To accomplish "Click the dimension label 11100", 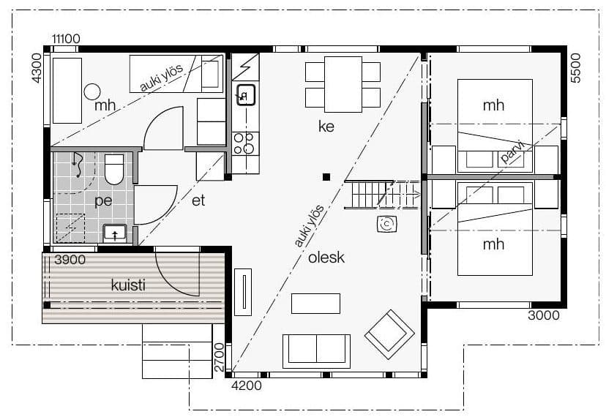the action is tap(66, 39).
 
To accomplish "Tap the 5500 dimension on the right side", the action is tap(575, 68).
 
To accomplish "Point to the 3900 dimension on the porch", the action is tap(70, 260).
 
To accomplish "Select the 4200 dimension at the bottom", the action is tap(246, 386).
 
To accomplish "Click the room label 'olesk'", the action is tap(326, 258).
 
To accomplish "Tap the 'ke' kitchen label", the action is tap(326, 126).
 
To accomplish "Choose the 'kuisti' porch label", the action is tap(128, 285).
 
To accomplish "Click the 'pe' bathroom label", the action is tap(103, 200).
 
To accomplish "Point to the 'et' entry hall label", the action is tap(198, 200).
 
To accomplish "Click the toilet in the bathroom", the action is tap(114, 169).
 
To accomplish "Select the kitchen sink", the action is tap(246, 94).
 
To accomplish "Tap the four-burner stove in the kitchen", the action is tap(245, 143).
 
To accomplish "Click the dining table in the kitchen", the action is tap(343, 84).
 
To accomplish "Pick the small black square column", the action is tap(326, 177).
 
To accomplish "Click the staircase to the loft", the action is tap(382, 195).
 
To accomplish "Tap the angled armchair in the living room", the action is tap(389, 334).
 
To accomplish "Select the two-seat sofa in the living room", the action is tap(316, 351).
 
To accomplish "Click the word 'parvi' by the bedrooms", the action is tap(512, 152).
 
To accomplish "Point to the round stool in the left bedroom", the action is tap(92, 92).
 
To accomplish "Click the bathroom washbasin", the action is tap(115, 233).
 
